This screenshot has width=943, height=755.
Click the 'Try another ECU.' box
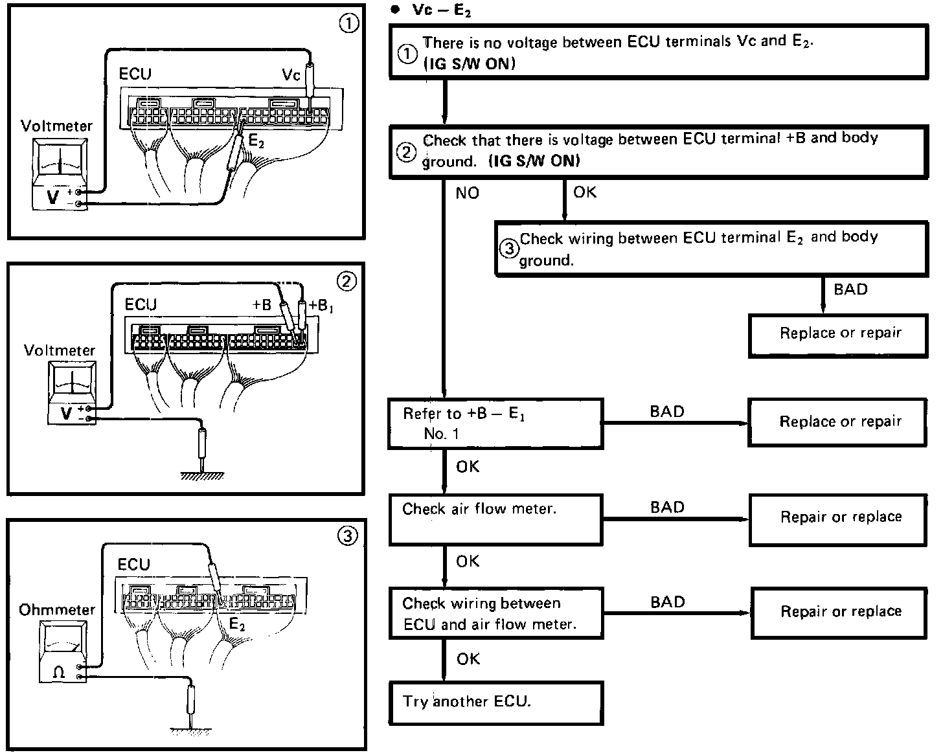(495, 703)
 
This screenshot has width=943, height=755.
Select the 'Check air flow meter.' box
(495, 519)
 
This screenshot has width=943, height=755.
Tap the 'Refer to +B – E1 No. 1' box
(495, 424)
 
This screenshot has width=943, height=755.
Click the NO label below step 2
(467, 193)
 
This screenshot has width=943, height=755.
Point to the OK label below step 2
(584, 192)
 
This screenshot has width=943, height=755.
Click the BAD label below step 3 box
(850, 289)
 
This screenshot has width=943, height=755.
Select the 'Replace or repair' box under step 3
(839, 334)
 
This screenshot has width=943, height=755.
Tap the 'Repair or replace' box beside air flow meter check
(840, 517)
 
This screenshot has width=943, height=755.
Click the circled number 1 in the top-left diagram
(348, 24)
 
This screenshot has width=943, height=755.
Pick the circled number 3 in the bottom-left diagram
(348, 536)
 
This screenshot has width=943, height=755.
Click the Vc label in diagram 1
(291, 75)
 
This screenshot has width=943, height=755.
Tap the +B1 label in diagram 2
(321, 305)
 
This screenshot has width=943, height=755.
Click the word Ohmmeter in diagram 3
(57, 610)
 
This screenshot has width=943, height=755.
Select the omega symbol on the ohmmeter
(58, 672)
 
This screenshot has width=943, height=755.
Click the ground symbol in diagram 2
(202, 476)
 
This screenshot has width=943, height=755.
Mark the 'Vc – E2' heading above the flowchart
(441, 11)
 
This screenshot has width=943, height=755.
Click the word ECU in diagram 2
(141, 304)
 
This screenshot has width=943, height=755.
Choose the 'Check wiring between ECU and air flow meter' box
(495, 613)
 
